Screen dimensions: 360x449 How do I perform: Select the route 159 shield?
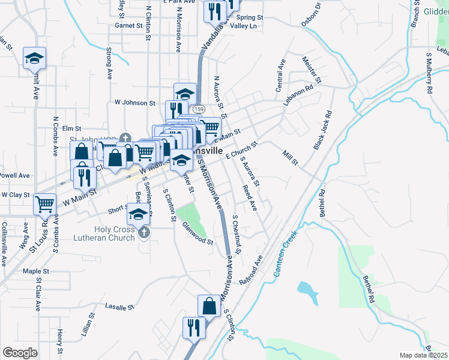pyautogui.click(x=199, y=109)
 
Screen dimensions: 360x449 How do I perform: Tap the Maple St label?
pyautogui.click(x=35, y=271)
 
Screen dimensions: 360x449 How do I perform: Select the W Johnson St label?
pyautogui.click(x=135, y=103)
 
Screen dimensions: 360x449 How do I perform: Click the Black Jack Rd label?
pyautogui.click(x=323, y=130)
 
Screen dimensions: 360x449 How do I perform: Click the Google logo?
pyautogui.click(x=20, y=352)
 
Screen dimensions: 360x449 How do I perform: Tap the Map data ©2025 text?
pyautogui.click(x=423, y=355)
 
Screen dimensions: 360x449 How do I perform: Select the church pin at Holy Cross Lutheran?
pyautogui.click(x=143, y=232)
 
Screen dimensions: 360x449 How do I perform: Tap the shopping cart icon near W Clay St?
pyautogui.click(x=45, y=205)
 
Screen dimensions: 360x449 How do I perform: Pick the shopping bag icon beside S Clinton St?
pyautogui.click(x=209, y=306)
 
